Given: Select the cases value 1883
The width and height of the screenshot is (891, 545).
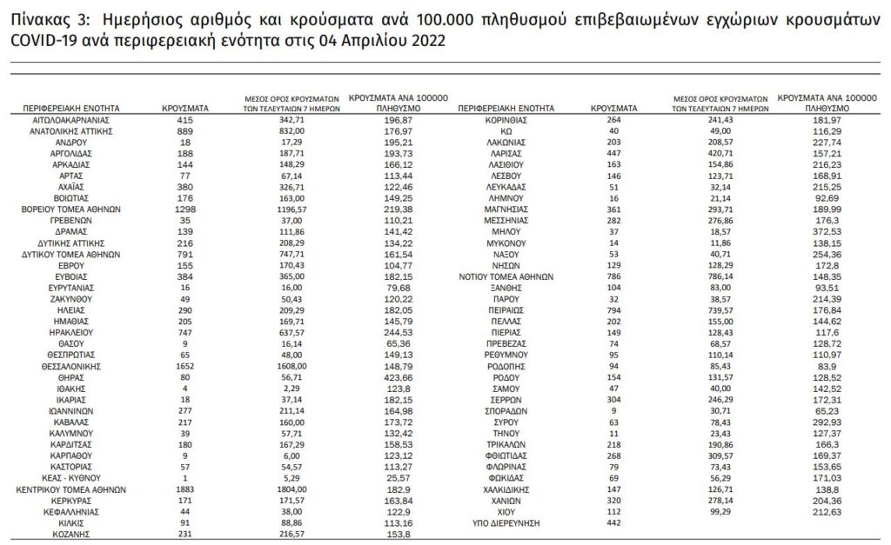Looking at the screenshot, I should click(184, 489).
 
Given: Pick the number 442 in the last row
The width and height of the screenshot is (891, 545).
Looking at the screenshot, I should click(613, 522).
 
